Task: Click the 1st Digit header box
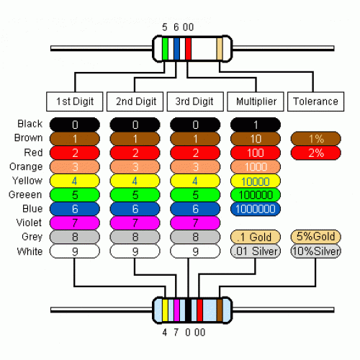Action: (75, 101)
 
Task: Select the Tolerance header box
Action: (315, 101)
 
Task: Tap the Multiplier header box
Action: (256, 101)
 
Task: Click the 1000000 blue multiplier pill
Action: (256, 209)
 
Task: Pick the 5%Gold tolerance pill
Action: (315, 237)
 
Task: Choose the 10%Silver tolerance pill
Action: (315, 251)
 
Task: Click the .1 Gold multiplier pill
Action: (256, 237)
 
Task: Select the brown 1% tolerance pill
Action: (315, 138)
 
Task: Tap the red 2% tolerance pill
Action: (315, 153)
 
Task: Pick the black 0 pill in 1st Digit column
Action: (75, 125)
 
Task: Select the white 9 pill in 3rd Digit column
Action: (195, 251)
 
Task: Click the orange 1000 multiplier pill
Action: (256, 166)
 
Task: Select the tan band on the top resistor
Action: (220, 48)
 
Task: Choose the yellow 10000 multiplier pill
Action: (256, 181)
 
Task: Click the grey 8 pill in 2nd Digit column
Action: (135, 237)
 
